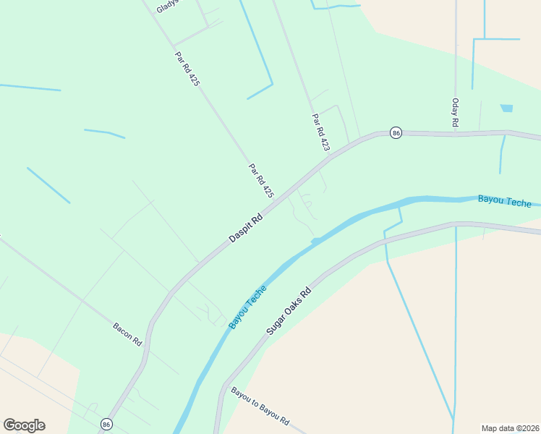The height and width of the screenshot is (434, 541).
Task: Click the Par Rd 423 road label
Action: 321,132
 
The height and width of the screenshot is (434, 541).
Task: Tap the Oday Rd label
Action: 455,114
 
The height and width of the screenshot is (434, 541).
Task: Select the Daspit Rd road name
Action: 246,227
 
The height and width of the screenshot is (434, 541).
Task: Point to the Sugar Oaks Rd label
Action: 288,311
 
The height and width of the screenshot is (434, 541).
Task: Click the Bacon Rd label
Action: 127,333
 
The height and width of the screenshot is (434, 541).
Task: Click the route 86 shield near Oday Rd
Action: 395,133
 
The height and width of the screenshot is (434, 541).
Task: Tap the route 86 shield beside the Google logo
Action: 107,424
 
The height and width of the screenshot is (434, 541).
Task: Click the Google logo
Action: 24,425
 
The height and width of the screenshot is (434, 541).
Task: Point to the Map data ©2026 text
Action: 510,427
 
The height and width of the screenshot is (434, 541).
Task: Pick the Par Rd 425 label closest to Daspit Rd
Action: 261,181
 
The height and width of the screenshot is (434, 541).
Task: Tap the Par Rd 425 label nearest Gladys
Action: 187,69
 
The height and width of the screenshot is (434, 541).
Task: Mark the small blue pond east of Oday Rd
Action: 506,109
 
